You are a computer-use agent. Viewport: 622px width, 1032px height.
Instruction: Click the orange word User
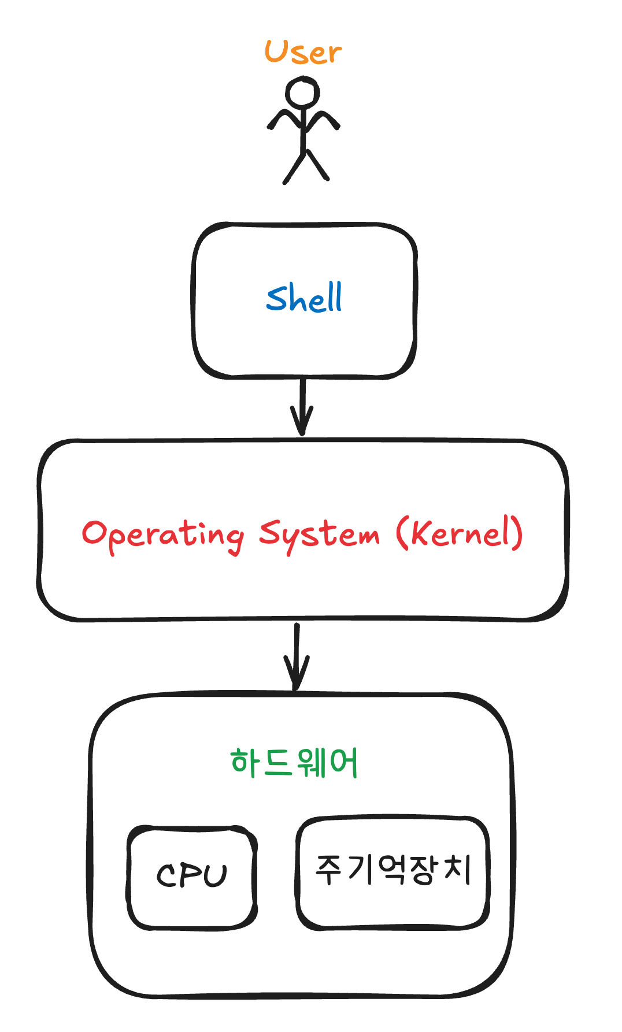coord(303,53)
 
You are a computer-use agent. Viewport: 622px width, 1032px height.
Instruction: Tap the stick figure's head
coord(302,93)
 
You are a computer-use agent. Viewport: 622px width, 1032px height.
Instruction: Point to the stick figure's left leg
coord(293,168)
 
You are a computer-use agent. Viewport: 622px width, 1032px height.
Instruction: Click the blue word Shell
coord(304,298)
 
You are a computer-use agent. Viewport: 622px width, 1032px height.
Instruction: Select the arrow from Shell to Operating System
coord(302,404)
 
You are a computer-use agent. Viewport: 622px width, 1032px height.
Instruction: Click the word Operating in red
coord(162,534)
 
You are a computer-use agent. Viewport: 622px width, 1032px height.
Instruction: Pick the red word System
coord(319,534)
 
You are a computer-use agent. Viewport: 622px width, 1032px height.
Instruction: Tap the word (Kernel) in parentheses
coord(460,533)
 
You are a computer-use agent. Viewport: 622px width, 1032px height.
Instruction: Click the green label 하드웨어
coord(294,763)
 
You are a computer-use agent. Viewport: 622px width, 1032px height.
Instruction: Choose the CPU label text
coord(192,875)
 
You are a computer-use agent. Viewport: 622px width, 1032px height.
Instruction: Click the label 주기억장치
coord(393,870)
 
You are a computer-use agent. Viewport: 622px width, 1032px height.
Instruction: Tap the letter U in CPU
coord(215,875)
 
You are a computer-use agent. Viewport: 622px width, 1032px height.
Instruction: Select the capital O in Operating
coord(94,533)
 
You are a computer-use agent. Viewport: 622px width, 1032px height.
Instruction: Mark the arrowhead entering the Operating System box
coord(302,425)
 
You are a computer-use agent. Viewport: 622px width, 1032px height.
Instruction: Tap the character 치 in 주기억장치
coord(457,870)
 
